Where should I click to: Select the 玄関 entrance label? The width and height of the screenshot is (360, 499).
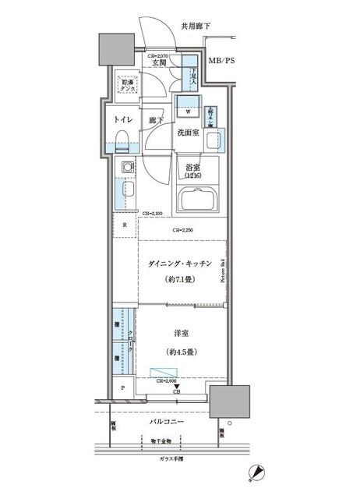click(x=158, y=63)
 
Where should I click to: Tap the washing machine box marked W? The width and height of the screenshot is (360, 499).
click(x=188, y=110)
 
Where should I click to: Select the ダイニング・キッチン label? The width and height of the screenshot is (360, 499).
click(x=179, y=265)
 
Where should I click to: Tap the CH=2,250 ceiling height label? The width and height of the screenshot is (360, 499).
click(x=184, y=231)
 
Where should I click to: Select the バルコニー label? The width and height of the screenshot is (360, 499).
click(x=168, y=422)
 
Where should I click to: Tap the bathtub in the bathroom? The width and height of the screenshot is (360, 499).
click(x=200, y=200)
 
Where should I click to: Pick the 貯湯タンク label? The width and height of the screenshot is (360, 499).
click(x=125, y=86)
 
